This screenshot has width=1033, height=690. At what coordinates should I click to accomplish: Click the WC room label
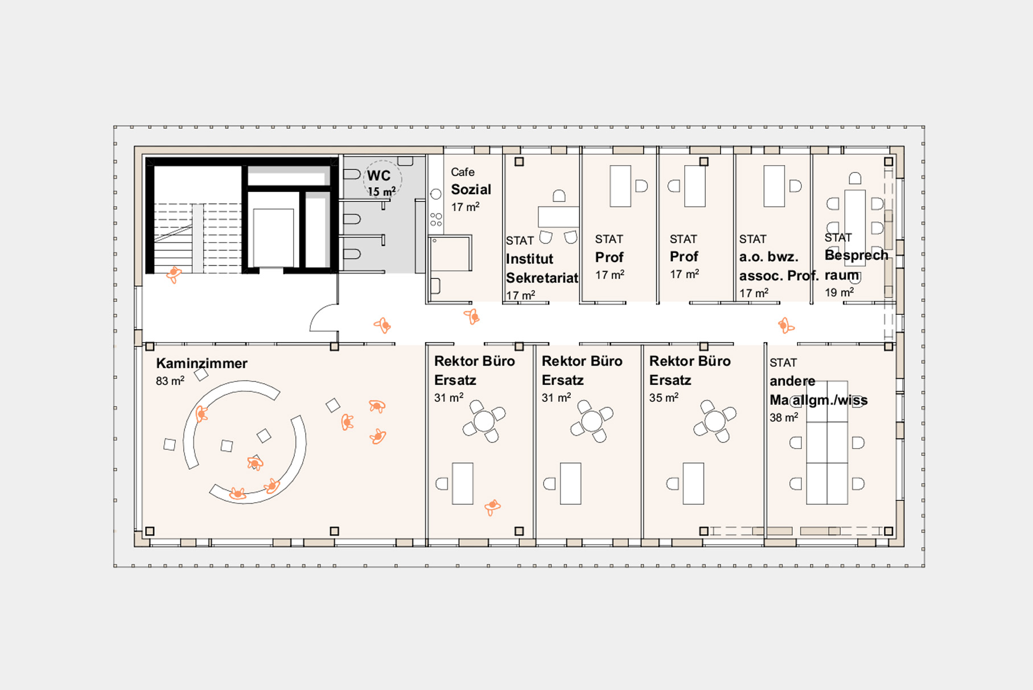click(379, 175)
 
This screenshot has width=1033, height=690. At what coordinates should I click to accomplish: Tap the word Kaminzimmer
click(201, 363)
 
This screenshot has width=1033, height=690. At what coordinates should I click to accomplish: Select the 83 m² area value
click(170, 381)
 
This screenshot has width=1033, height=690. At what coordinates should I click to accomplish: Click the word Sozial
click(471, 190)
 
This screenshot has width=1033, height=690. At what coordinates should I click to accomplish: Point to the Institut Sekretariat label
click(542, 268)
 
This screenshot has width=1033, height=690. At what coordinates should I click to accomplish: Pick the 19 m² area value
click(839, 292)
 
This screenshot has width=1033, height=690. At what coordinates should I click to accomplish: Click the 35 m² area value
click(664, 397)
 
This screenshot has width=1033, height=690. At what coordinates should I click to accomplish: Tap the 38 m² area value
click(784, 417)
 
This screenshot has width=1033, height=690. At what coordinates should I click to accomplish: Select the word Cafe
click(463, 172)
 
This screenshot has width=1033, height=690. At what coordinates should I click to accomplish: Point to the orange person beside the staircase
click(174, 274)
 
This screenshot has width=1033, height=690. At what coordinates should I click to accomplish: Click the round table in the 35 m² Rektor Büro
click(715, 421)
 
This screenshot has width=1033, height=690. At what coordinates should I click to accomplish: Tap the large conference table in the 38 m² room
click(827, 442)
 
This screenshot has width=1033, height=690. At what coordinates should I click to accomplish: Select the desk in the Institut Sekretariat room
click(558, 216)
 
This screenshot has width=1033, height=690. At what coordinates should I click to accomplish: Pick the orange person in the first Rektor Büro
click(492, 506)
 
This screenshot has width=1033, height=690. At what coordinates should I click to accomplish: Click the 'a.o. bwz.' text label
click(769, 257)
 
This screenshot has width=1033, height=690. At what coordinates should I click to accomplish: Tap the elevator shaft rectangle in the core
click(273, 237)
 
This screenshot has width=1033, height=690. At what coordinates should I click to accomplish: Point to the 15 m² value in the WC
click(381, 191)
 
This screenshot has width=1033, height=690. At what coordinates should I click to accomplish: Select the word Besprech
click(857, 255)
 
